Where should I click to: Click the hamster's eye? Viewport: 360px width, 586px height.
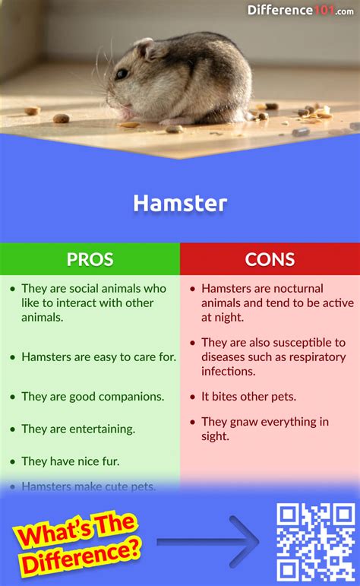[121, 74]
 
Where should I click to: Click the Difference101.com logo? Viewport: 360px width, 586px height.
[301, 10]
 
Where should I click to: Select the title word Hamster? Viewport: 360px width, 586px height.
[180, 204]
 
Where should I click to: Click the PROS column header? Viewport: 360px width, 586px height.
[90, 259]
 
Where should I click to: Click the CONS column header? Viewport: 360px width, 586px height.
[270, 259]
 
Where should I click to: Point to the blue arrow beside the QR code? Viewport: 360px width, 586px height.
[209, 542]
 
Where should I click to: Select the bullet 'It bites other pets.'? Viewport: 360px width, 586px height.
[248, 396]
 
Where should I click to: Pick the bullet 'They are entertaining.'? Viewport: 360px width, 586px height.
[78, 429]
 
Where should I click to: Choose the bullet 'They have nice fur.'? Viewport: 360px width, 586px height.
[71, 461]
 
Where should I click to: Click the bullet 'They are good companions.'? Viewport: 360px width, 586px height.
[93, 396]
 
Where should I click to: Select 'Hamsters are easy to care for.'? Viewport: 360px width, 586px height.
[99, 356]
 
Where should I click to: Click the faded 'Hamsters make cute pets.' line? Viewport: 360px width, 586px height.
[89, 486]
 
